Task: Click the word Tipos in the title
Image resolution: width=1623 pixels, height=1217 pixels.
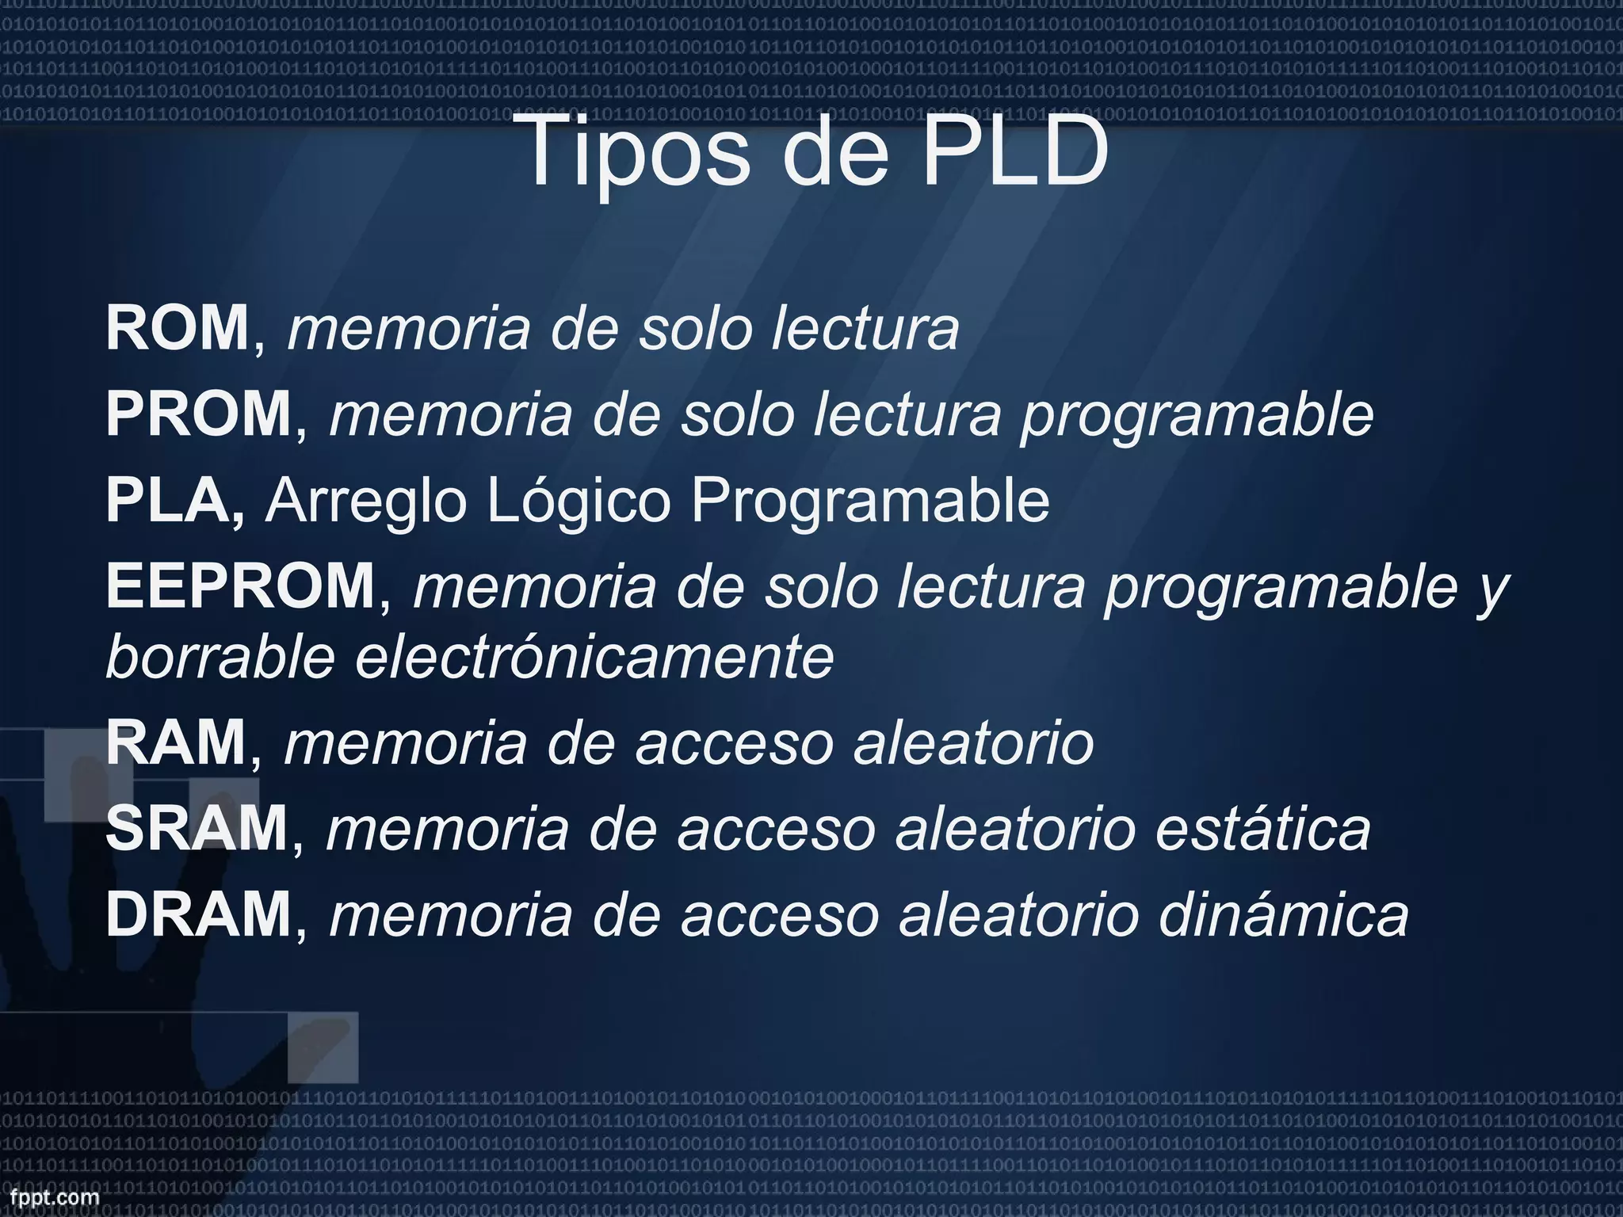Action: click(x=634, y=151)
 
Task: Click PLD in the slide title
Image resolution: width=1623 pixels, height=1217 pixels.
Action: click(x=1014, y=151)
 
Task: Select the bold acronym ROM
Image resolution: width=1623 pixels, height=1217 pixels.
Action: click(x=178, y=328)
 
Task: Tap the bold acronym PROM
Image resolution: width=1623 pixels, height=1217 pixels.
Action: click(x=199, y=414)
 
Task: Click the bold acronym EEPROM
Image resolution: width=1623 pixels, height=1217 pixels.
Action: click(x=241, y=586)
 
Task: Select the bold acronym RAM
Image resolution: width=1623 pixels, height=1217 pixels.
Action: click(x=176, y=742)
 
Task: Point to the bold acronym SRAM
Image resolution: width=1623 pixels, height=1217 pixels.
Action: click(x=197, y=829)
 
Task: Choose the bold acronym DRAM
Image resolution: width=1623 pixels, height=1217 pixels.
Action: click(x=199, y=914)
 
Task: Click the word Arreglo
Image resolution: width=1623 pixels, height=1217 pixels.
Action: click(x=365, y=502)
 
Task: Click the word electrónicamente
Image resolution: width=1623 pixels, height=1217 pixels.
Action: click(x=594, y=658)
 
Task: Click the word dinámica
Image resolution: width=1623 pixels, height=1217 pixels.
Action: click(x=1284, y=914)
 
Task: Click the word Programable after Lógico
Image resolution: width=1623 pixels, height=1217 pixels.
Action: click(x=869, y=502)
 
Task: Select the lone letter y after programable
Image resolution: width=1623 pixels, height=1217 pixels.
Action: click(x=1493, y=590)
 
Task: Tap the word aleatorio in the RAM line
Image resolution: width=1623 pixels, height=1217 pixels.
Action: click(x=973, y=742)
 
